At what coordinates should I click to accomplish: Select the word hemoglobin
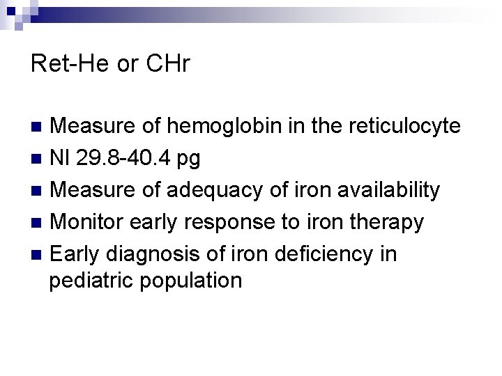222,126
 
